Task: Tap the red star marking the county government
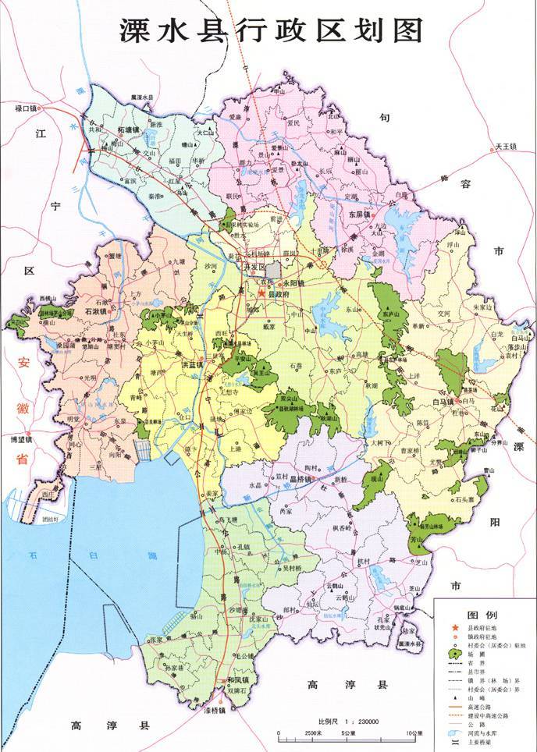click(x=261, y=293)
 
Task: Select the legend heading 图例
click(x=478, y=615)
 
